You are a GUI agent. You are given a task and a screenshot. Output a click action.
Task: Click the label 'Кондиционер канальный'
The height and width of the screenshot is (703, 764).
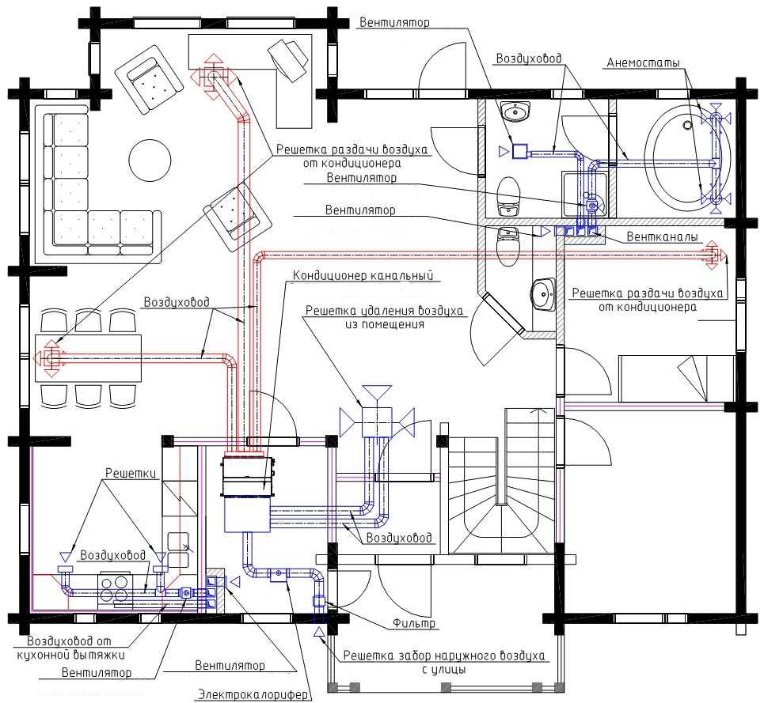pyautogui.click(x=363, y=276)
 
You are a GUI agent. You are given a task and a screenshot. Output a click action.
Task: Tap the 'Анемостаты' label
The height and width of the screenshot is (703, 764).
pyautogui.click(x=643, y=62)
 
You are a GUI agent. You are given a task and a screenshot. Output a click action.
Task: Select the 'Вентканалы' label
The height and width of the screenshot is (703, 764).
pyautogui.click(x=662, y=237)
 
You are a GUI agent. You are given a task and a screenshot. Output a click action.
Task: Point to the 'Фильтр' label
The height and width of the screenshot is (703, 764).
pyautogui.click(x=414, y=623)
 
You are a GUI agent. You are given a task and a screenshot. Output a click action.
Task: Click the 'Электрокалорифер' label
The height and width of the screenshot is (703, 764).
pyautogui.click(x=253, y=694)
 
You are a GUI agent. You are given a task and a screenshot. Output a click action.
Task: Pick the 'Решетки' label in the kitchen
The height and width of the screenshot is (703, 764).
pyautogui.click(x=131, y=473)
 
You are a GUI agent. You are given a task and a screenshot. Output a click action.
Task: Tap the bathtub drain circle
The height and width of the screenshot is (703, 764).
pyautogui.click(x=687, y=125)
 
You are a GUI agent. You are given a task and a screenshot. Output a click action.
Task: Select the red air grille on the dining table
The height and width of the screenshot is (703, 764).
pyautogui.click(x=49, y=358)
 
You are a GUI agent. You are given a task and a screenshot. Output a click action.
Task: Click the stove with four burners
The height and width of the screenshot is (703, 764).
pyautogui.click(x=114, y=590)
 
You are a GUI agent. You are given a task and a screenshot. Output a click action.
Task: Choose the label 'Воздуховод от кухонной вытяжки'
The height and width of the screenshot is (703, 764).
pyautogui.click(x=70, y=648)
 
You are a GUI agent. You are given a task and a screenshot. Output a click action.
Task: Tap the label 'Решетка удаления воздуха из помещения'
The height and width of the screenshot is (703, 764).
pyautogui.click(x=384, y=317)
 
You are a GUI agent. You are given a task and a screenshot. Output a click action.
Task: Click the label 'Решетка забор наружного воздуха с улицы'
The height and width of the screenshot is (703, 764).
pyautogui.click(x=443, y=662)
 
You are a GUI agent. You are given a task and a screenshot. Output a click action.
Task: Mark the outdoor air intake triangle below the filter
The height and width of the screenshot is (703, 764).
pyautogui.click(x=319, y=633)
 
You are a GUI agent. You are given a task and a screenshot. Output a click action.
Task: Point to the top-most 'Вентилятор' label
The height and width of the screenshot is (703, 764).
pyautogui.click(x=394, y=22)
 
